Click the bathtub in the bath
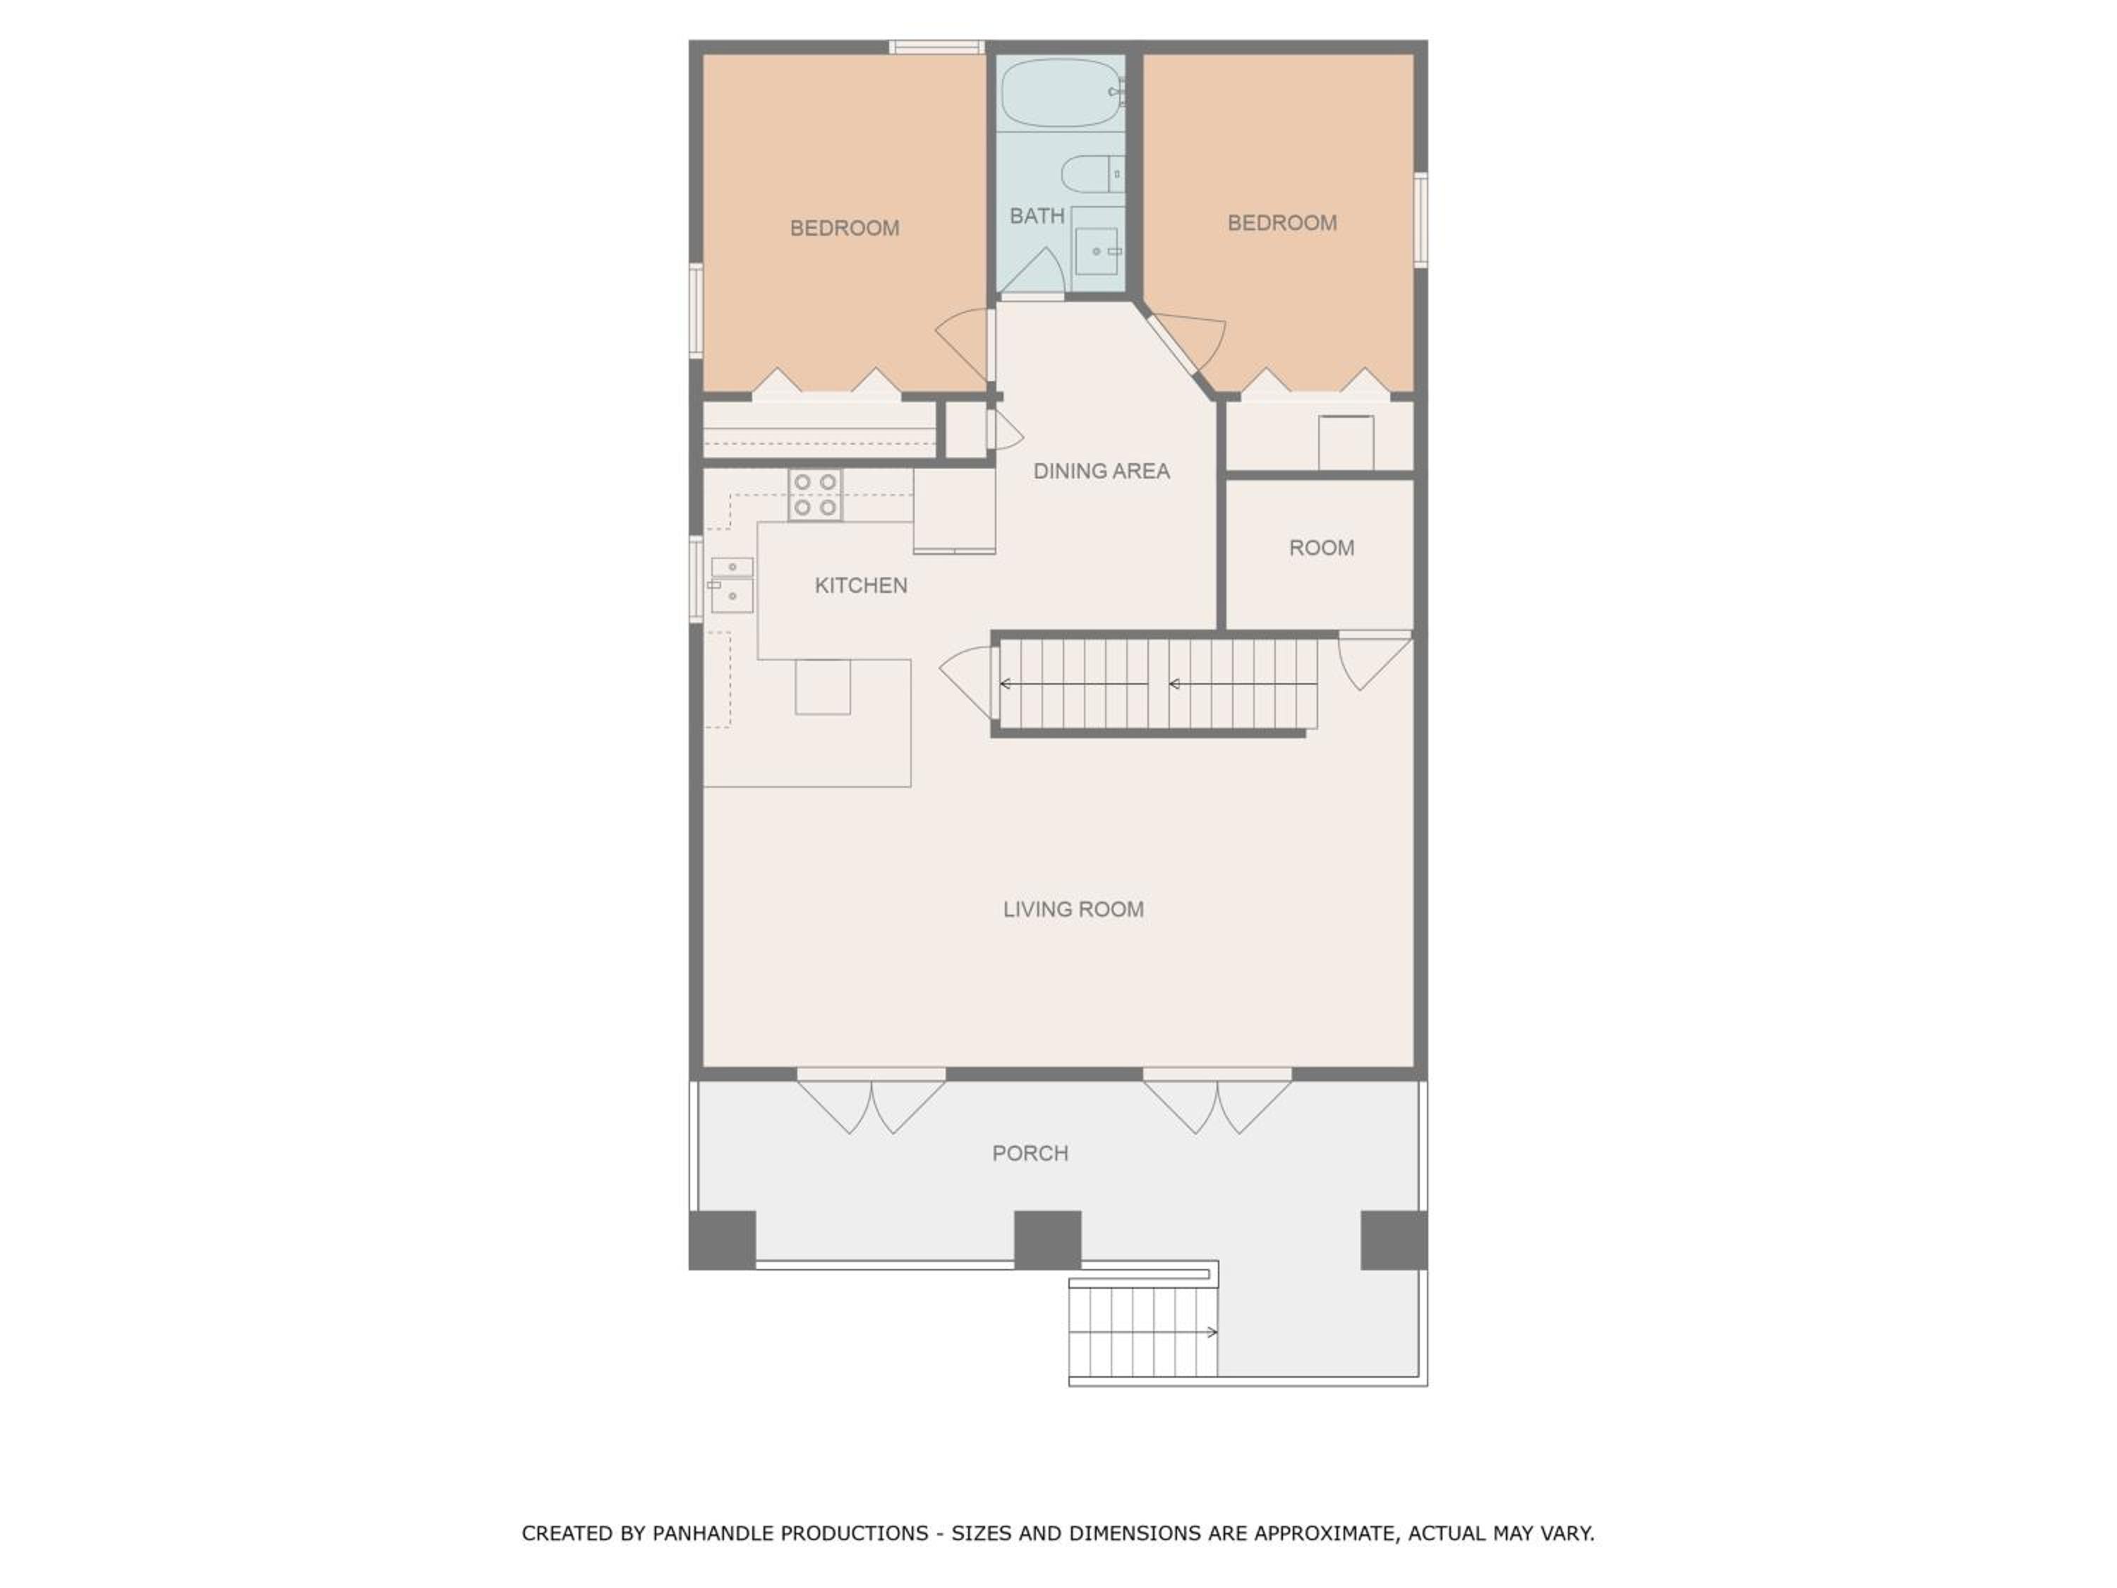[1062, 93]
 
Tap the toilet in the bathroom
[1092, 174]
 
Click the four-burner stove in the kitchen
[814, 495]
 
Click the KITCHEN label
[860, 586]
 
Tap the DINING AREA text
[1101, 471]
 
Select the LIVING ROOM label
[1073, 909]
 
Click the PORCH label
[1030, 1153]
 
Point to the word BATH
[1037, 217]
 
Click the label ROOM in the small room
[1321, 548]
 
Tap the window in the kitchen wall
[696, 579]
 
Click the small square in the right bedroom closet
[1346, 443]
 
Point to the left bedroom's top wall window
[936, 47]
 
